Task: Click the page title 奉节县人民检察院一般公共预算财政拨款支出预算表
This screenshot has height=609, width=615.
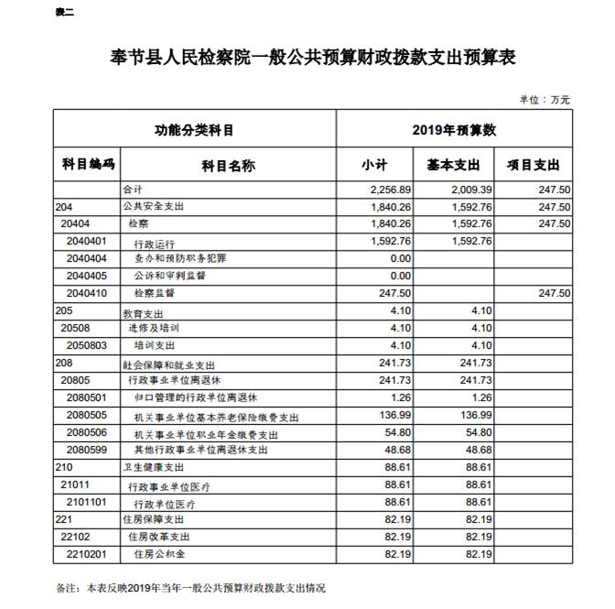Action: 307,57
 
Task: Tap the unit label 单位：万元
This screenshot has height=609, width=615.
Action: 545,99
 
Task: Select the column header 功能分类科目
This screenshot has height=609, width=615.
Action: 194,129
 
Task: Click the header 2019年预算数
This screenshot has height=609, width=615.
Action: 454,129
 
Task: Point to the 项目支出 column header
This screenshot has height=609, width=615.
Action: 534,165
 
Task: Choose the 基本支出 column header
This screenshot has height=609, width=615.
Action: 454,165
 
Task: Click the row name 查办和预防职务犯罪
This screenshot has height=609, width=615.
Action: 179,259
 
